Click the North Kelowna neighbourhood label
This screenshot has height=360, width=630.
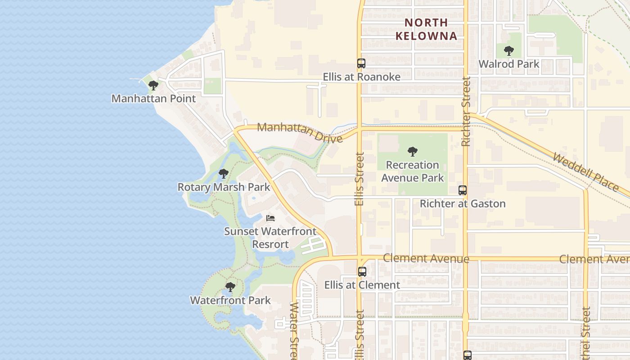coord(426,29)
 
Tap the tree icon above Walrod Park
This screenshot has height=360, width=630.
coord(509,51)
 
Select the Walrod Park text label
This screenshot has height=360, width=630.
coord(509,64)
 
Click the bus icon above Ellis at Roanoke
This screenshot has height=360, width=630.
coord(361,63)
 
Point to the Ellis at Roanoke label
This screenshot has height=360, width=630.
coord(361,77)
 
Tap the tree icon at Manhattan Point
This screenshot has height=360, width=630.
coord(153,85)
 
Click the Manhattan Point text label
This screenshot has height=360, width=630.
coord(153,99)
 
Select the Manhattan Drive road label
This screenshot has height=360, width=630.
coord(300,132)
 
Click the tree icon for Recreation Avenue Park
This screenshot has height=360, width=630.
coord(412,152)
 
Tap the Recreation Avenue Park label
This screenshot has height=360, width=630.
coord(412,171)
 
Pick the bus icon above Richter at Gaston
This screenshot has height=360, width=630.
coord(463,190)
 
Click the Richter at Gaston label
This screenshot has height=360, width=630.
coord(463,204)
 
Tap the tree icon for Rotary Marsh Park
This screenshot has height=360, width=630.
coord(224,174)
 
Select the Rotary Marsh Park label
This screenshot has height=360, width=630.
coord(224,187)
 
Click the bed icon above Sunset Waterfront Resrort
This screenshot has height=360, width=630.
coord(270,218)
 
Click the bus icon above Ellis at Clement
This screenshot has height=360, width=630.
coord(362,272)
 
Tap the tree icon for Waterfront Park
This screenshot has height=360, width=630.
coord(230,287)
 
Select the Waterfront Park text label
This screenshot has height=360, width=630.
coord(230,300)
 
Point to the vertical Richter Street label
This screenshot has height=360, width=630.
coord(466,111)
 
